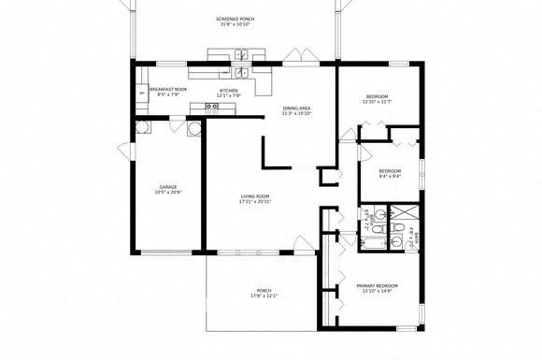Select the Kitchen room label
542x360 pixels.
coord(229,90)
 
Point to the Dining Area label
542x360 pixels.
coord(297,108)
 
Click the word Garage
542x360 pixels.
coord(167,186)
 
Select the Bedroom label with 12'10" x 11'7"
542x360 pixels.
coord(378,96)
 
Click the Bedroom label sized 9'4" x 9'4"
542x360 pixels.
coord(390,170)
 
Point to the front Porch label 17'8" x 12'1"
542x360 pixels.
coord(264,291)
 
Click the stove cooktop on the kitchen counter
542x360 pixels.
coord(212,107)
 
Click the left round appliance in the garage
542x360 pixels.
coord(143,128)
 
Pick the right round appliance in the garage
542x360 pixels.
coord(194,129)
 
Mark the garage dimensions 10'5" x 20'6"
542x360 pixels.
coord(167,193)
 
